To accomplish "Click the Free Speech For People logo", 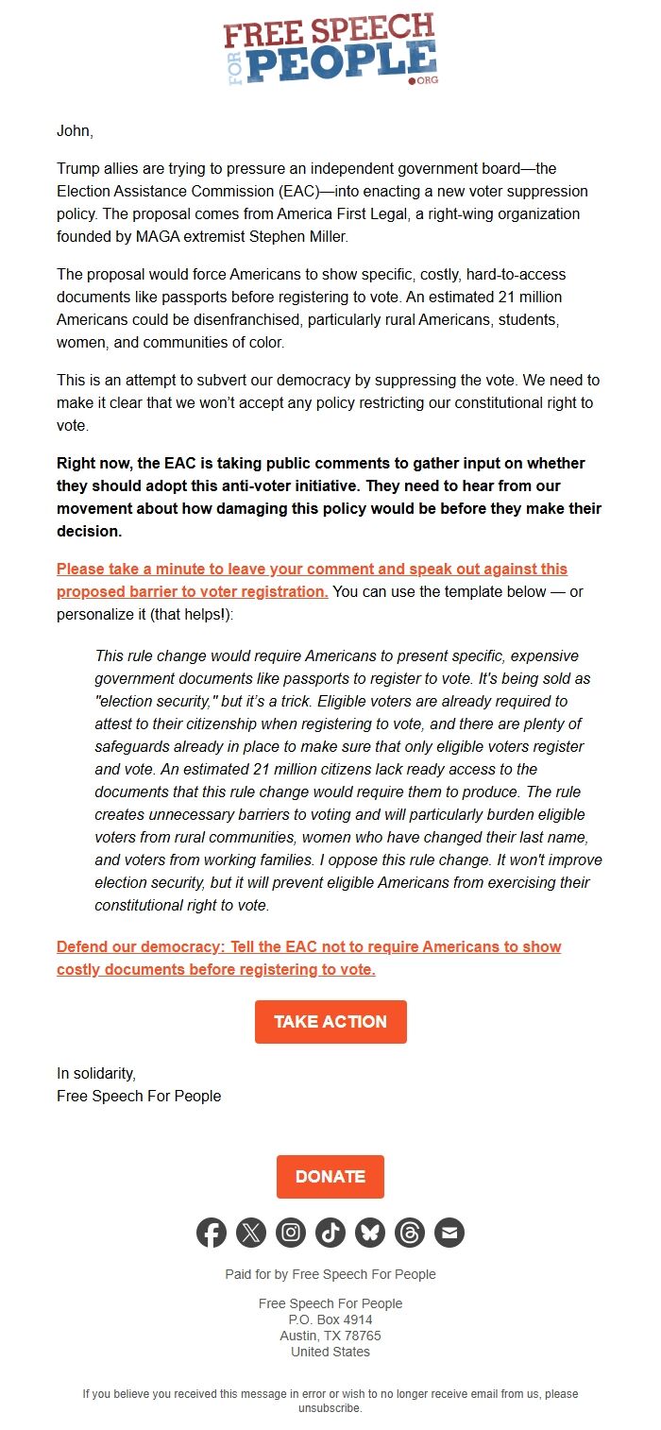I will click(x=330, y=50).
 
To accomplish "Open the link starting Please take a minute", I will click(x=312, y=570).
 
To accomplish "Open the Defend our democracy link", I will click(x=309, y=946).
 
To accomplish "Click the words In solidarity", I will click(x=96, y=1073).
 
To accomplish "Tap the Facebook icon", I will click(x=212, y=1233).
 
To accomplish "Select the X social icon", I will click(x=251, y=1233).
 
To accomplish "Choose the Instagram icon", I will click(x=291, y=1233).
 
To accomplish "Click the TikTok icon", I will click(x=330, y=1233).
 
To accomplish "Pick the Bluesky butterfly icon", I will click(x=370, y=1233).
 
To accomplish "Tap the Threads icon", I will click(x=410, y=1233).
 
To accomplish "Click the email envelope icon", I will click(x=449, y=1233).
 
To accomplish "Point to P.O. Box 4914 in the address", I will click(x=330, y=1319).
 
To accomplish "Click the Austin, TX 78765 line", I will click(x=330, y=1336).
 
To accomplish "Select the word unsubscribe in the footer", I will click(x=329, y=1408).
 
